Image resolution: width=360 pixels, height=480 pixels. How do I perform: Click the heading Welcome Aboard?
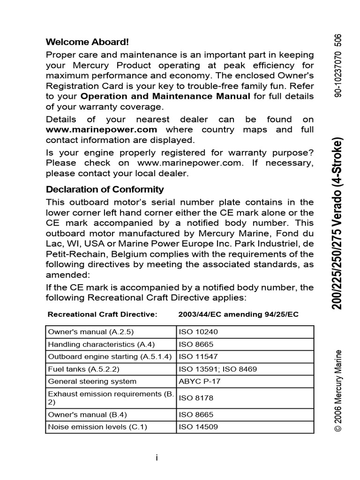pyautogui.click(x=87, y=42)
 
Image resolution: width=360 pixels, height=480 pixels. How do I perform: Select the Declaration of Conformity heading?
pyautogui.click(x=105, y=189)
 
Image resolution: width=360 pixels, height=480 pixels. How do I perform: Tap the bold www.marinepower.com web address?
pyautogui.click(x=101, y=129)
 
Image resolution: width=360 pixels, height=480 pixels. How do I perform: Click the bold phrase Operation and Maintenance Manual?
pyautogui.click(x=165, y=97)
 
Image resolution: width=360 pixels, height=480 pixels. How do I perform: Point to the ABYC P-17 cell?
pyautogui.click(x=200, y=381)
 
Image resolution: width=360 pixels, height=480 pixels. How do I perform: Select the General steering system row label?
pyautogui.click(x=92, y=381)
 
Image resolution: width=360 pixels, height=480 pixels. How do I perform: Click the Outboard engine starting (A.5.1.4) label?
pyautogui.click(x=111, y=356)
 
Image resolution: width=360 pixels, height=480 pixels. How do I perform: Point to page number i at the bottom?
pyautogui.click(x=157, y=458)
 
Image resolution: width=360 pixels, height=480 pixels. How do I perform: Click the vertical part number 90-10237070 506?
pyautogui.click(x=337, y=66)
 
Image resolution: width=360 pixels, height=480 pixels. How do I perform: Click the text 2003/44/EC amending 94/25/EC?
pyautogui.click(x=238, y=314)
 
